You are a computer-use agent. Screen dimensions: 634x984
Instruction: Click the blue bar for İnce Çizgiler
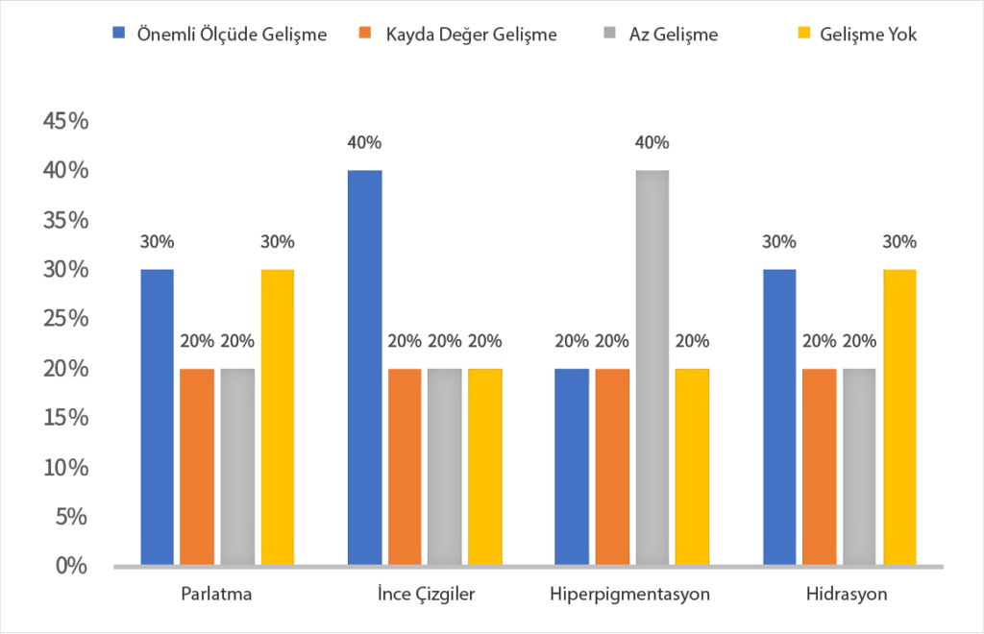tap(364, 367)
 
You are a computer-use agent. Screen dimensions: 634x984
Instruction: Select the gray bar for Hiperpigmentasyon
tap(652, 367)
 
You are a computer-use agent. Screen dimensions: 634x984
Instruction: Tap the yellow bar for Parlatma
tap(278, 417)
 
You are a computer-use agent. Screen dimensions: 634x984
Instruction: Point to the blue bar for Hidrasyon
tap(779, 417)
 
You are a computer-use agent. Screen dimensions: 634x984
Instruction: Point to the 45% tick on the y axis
tap(65, 121)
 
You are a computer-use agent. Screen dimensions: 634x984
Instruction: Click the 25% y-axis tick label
tap(65, 319)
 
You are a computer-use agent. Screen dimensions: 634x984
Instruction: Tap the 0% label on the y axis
tap(71, 566)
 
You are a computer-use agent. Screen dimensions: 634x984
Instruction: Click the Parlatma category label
tap(216, 594)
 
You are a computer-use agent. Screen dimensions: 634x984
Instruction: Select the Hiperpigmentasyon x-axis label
tap(630, 594)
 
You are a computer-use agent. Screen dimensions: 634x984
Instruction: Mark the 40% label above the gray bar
tap(652, 143)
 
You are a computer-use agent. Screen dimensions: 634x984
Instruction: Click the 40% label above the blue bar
tap(364, 143)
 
